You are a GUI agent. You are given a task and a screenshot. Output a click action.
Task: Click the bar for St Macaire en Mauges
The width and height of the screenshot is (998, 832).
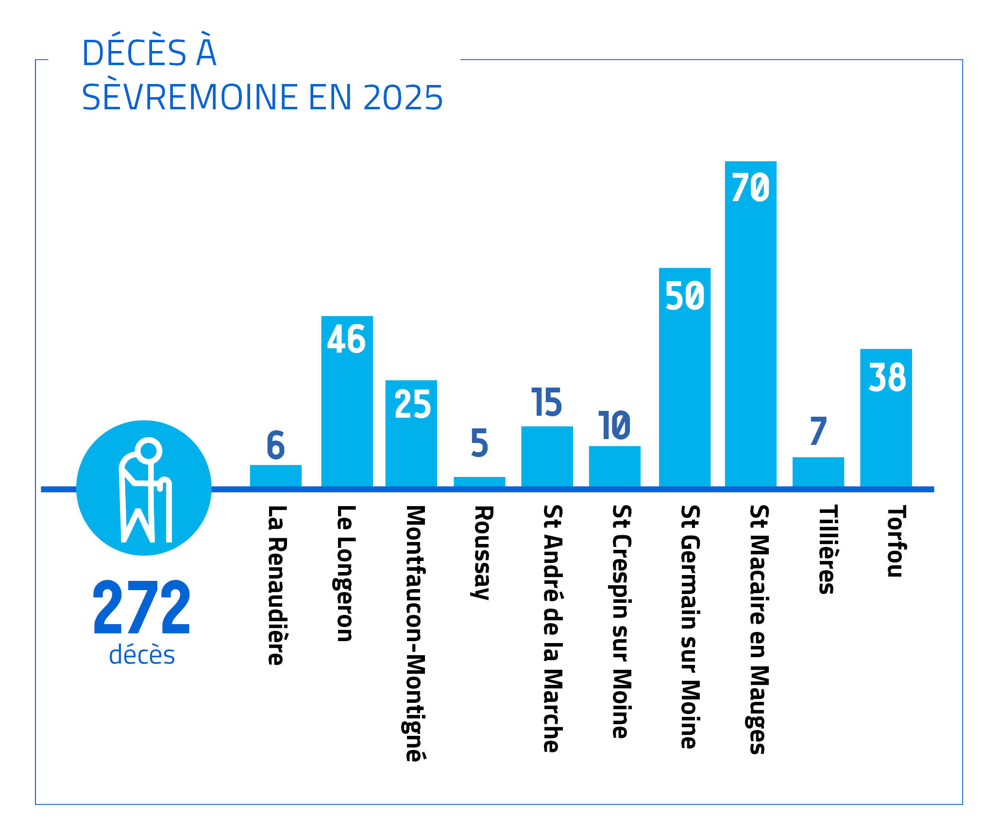pos(750,340)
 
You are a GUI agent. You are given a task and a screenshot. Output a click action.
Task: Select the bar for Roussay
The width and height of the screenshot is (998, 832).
pos(479,481)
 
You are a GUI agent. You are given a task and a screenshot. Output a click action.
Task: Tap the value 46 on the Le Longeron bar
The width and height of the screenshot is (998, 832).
pos(346,339)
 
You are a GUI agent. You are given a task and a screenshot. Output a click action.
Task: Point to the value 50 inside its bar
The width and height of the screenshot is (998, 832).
pos(685,295)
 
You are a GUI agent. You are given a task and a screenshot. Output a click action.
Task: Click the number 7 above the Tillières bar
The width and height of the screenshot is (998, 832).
pos(818,431)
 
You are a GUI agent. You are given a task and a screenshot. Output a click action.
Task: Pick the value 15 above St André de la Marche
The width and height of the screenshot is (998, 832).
pos(547,402)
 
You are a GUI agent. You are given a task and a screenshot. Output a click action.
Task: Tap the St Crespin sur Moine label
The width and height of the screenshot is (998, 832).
pos(621,621)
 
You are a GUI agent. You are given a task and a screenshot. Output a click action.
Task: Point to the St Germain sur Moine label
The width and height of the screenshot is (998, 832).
pos(690,627)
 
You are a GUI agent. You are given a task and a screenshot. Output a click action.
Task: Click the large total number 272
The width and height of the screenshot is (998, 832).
pos(141,607)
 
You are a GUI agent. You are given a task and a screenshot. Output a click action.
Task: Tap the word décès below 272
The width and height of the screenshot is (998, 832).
pos(142,655)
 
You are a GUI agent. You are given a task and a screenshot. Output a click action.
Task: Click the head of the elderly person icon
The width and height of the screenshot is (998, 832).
pos(148,450)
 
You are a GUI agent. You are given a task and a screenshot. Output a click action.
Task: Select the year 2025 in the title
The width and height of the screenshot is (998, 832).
pos(403,98)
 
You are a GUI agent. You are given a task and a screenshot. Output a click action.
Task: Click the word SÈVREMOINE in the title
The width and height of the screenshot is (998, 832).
pos(190,98)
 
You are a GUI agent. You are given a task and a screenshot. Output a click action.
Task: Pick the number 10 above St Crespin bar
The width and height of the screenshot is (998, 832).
pos(614,425)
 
